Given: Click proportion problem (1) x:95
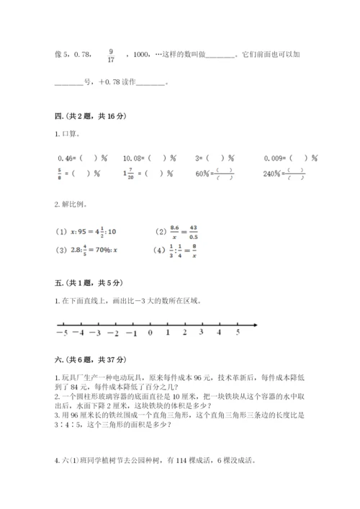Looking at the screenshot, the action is (x=87, y=232).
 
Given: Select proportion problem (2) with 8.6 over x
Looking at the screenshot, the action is (x=177, y=232).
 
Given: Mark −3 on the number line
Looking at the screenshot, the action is (x=95, y=333).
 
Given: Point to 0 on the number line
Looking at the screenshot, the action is (x=150, y=333).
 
